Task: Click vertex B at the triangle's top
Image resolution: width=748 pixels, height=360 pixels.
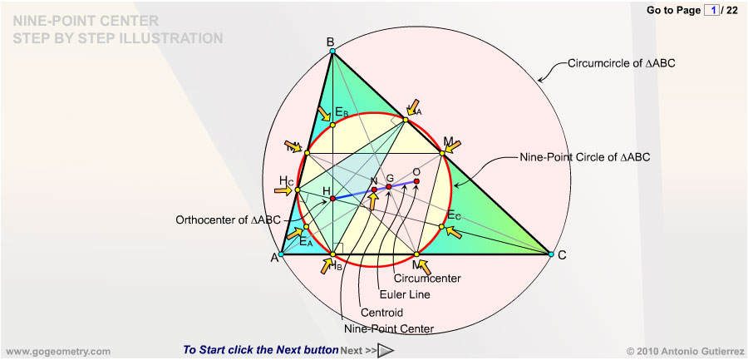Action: (332, 52)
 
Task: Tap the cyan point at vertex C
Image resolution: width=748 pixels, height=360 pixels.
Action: (550, 254)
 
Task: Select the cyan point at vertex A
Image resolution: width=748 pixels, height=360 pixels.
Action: (281, 254)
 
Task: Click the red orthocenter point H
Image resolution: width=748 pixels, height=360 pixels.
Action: (332, 199)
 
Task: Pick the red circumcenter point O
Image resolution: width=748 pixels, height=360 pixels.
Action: (416, 180)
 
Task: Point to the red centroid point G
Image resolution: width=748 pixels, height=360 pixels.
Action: (388, 187)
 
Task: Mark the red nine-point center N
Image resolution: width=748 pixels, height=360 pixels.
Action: (374, 190)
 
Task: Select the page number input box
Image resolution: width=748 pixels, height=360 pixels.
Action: (711, 10)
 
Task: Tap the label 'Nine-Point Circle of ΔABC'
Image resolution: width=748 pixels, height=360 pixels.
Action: (584, 156)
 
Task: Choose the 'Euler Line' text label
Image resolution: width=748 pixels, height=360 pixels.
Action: (404, 293)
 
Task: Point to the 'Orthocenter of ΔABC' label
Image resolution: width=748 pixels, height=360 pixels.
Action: (229, 220)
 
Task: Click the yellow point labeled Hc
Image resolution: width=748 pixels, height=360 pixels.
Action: (298, 190)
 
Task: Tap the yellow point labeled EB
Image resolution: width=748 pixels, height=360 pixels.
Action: (332, 125)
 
